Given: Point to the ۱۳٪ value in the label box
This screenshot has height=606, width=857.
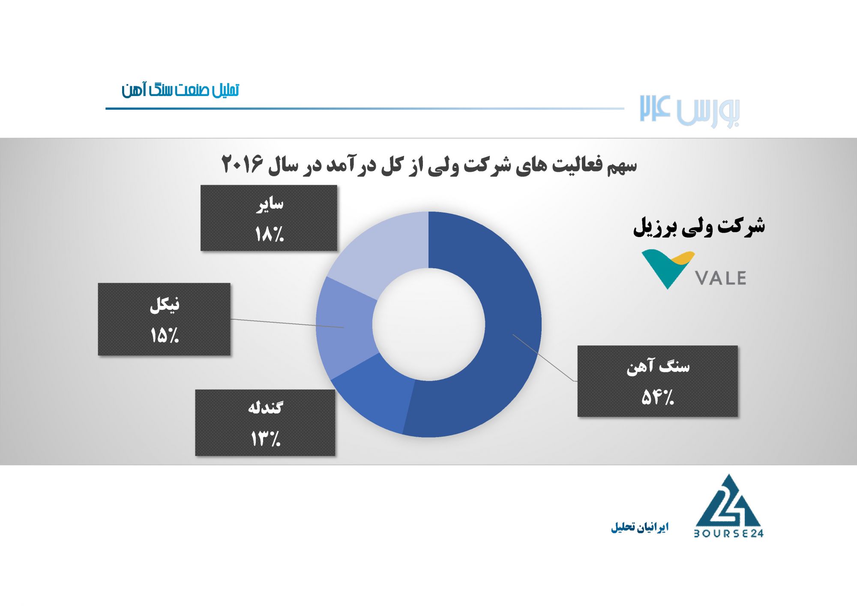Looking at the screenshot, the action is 265,439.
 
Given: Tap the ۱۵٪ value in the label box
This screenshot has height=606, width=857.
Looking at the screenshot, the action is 164,335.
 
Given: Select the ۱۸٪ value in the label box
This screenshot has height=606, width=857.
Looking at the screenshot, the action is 269,234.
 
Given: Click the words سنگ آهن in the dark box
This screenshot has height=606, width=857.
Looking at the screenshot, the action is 658,366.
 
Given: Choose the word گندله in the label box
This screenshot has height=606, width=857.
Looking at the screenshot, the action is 265,407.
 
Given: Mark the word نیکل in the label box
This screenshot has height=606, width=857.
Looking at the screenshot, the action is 165,305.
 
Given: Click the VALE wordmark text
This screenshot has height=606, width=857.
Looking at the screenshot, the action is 721,278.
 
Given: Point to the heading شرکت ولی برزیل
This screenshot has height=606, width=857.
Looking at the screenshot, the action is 699,226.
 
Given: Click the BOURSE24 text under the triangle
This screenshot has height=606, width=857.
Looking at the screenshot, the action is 728,534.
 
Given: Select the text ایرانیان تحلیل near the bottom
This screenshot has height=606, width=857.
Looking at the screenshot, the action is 640,527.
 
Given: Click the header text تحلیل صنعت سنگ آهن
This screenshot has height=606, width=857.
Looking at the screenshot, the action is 180,90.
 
